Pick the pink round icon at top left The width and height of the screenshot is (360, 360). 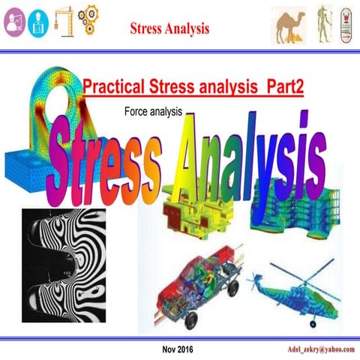pyautogui.click(x=15, y=22)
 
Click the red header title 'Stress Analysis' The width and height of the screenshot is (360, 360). pyautogui.click(x=169, y=29)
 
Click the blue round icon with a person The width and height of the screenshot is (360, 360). pyautogui.click(x=37, y=22)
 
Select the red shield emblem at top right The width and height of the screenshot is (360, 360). pyautogui.click(x=346, y=23)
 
